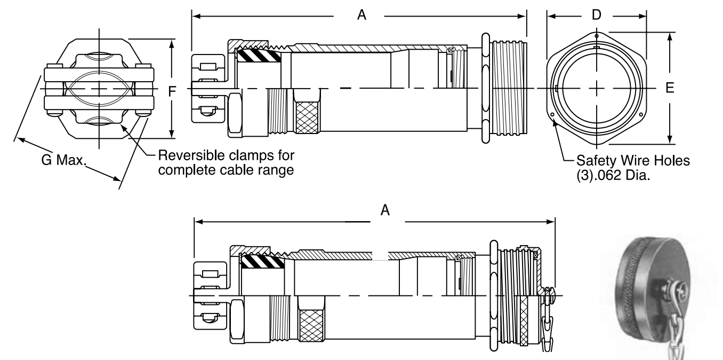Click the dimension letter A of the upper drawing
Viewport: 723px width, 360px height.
[x=361, y=16]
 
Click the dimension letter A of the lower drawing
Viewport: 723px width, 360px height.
[x=385, y=210]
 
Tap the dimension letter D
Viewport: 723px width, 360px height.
[x=596, y=15]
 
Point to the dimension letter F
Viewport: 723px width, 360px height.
[x=172, y=92]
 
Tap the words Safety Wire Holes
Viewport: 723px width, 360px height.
[x=633, y=160]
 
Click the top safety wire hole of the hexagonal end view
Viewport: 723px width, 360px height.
[x=597, y=36]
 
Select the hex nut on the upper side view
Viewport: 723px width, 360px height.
[x=235, y=114]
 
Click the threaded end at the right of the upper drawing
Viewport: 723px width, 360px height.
[x=508, y=88]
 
